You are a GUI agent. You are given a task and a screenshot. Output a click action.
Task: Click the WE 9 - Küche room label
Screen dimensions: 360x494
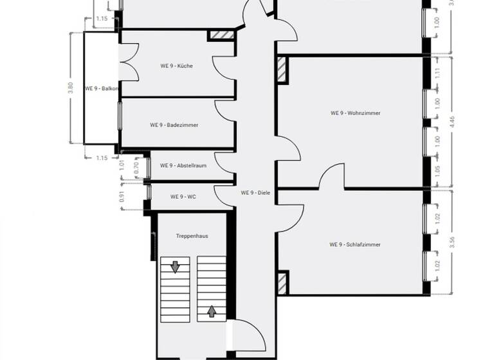click(177, 66)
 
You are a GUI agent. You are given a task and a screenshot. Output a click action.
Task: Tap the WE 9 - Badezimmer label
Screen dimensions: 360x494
click(174, 125)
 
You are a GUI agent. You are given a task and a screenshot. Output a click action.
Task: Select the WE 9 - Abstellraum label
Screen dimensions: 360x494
click(183, 165)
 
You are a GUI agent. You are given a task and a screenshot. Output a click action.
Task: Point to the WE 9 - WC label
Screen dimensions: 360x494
click(183, 197)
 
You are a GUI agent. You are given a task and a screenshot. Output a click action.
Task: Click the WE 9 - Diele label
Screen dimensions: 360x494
click(256, 193)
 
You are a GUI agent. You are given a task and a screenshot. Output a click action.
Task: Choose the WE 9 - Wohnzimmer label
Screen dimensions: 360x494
click(356, 113)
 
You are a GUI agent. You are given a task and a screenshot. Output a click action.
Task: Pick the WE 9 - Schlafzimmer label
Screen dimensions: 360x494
click(354, 244)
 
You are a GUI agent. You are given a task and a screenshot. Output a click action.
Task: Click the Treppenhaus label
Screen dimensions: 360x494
click(192, 236)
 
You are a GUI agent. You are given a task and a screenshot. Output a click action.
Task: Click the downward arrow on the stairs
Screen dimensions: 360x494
click(174, 265)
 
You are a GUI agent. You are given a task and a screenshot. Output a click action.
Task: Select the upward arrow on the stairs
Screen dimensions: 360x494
click(211, 313)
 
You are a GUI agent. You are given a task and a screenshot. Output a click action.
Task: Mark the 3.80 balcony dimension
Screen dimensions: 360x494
click(71, 87)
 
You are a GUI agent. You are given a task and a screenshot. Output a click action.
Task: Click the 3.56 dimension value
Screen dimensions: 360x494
click(453, 242)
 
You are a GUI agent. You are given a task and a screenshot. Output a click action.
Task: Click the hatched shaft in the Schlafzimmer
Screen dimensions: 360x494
click(282, 282)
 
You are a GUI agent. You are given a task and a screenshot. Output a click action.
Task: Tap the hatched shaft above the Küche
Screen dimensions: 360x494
click(219, 35)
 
